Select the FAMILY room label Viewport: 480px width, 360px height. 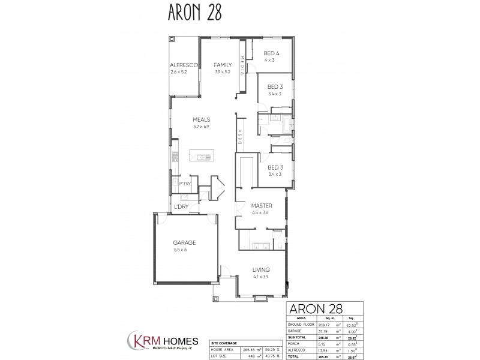pyautogui.click(x=223, y=65)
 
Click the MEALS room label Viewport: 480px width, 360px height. pyautogui.click(x=201, y=119)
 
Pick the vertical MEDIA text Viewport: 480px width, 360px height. pyautogui.click(x=242, y=65)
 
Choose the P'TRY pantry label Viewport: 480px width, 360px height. pyautogui.click(x=185, y=182)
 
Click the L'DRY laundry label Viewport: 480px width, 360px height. pyautogui.click(x=182, y=208)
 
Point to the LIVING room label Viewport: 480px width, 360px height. pyautogui.click(x=261, y=269)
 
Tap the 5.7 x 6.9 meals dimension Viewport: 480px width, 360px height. pyautogui.click(x=201, y=126)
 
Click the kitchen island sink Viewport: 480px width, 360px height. pyautogui.click(x=201, y=158)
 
